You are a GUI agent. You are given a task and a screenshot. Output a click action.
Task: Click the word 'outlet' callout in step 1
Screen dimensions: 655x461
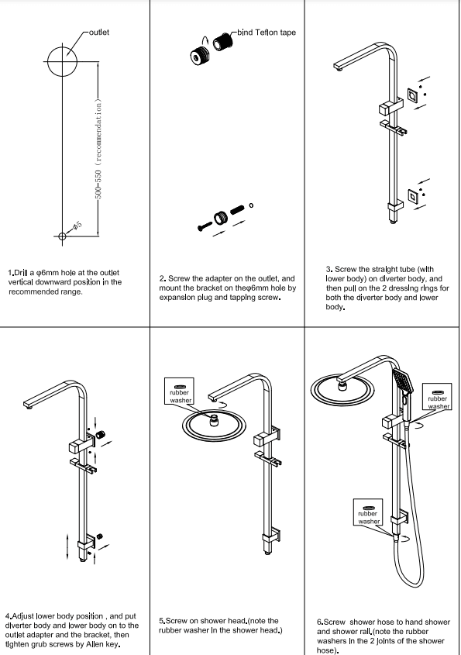[99, 32]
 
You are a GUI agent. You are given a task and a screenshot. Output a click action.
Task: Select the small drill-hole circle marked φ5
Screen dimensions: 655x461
[64, 236]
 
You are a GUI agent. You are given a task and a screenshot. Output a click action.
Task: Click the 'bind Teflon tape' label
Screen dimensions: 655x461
[267, 33]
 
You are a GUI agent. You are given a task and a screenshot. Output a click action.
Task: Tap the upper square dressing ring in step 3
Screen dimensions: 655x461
[415, 96]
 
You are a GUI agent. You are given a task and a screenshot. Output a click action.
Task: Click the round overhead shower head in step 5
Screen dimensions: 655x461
[212, 425]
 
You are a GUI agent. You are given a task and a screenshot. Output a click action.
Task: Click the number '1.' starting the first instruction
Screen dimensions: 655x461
[11, 272]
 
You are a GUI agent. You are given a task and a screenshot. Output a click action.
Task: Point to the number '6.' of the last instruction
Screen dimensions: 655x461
[320, 622]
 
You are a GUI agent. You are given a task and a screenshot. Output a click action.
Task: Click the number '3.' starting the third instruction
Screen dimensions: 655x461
[329, 269]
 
